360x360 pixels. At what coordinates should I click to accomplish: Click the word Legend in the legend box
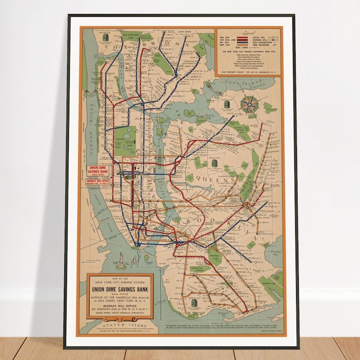pos(248,33)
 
